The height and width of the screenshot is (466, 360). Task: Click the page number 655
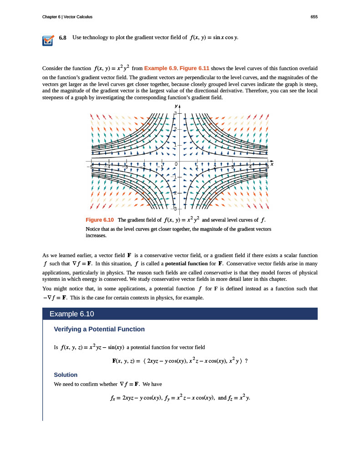(314, 17)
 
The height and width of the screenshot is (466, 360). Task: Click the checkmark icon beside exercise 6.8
(47, 41)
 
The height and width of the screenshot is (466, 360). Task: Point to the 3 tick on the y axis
(174, 112)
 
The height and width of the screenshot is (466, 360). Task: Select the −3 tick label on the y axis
(174, 209)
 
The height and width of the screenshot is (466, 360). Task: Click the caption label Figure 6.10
(100, 220)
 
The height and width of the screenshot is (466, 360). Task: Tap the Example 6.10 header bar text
(71, 314)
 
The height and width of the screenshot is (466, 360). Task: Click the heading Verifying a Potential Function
(99, 329)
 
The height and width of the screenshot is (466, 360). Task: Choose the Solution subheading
(66, 375)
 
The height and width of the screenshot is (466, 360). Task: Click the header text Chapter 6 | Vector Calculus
(67, 17)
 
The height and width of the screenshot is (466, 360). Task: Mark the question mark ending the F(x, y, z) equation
(246, 361)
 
